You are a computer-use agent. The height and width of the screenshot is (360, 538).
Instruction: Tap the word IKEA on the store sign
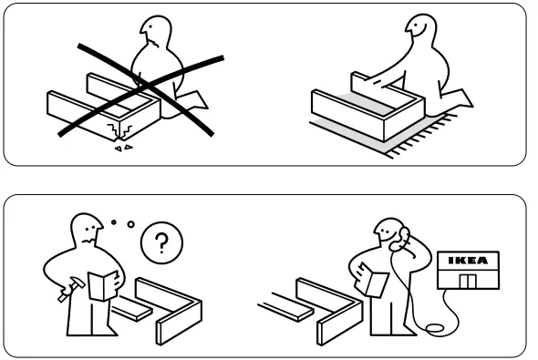coord(467,262)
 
